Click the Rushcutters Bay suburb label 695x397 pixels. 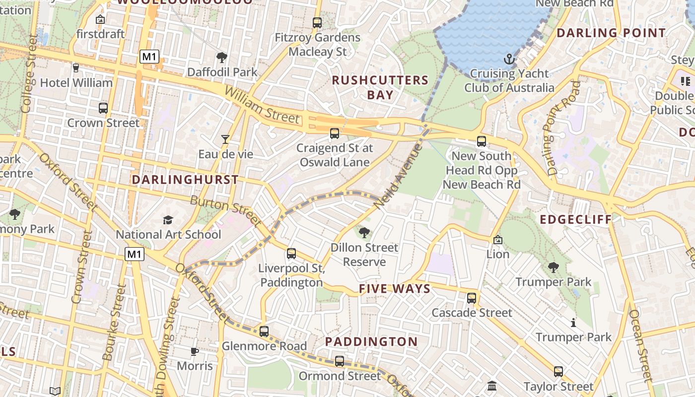[380, 87]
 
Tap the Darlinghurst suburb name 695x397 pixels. [185, 180]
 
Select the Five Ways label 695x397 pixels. [395, 289]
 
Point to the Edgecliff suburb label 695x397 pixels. [576, 219]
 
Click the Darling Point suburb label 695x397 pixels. [611, 33]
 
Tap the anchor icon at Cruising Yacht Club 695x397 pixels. [509, 60]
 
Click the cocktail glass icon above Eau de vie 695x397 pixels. [225, 139]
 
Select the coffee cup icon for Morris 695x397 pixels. [195, 352]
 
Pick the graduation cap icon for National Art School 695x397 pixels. [168, 220]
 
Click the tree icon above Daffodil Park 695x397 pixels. [222, 58]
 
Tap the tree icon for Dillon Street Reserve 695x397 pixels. [364, 232]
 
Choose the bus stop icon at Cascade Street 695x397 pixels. [472, 298]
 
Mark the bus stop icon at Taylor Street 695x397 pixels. [558, 372]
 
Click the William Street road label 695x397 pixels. [262, 105]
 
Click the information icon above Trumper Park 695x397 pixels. [573, 323]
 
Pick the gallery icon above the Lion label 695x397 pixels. [497, 240]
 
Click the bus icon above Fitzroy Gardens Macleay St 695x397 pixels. [317, 23]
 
